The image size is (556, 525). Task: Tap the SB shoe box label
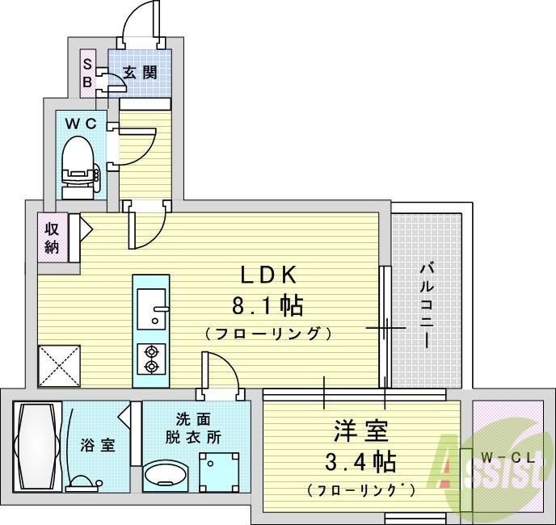[x=86, y=72]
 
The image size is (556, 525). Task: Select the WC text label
[x=81, y=124]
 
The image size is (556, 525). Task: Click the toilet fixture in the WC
[x=78, y=166]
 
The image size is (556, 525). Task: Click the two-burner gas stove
[x=150, y=359]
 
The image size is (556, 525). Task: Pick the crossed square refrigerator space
[x=59, y=364]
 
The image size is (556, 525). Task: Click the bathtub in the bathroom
[x=36, y=446]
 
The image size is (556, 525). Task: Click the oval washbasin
[x=166, y=475]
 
